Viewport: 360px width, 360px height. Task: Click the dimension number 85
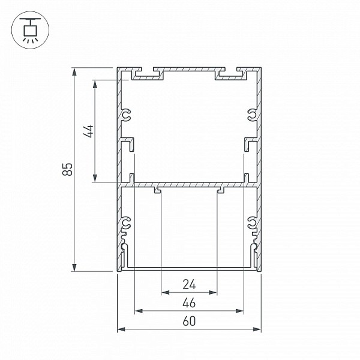tap(67, 169)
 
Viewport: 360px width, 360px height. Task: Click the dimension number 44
tap(88, 131)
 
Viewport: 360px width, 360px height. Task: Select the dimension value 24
tap(189, 284)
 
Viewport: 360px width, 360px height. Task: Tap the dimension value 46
tap(189, 302)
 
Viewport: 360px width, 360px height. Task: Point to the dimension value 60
tap(189, 321)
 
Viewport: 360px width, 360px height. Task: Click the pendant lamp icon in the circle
tap(31, 30)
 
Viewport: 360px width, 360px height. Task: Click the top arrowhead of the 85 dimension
tap(74, 72)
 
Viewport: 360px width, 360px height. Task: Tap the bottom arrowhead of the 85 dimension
tap(74, 267)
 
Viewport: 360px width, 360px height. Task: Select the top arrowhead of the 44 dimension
tap(95, 84)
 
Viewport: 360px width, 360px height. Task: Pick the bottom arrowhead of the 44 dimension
tap(95, 178)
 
